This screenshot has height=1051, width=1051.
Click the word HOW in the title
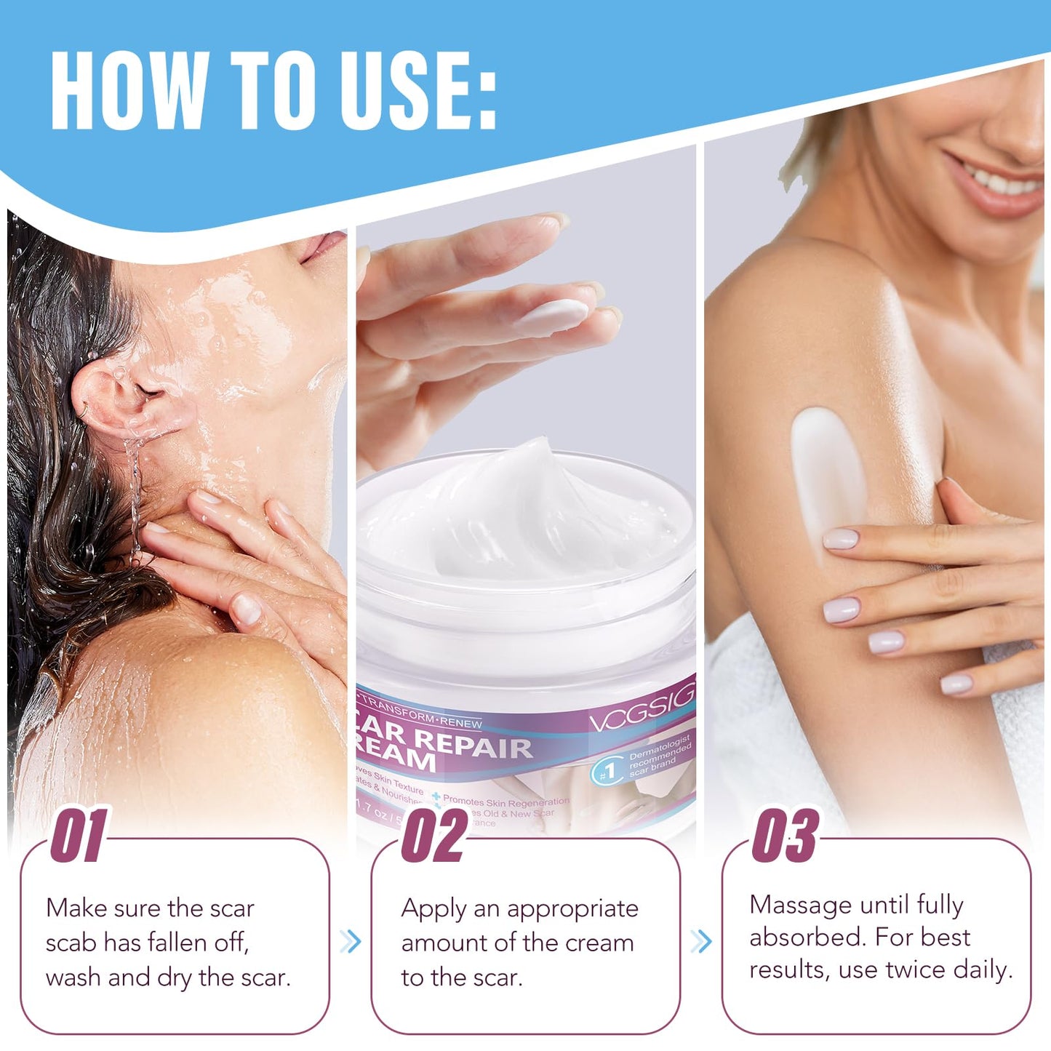[x=129, y=92]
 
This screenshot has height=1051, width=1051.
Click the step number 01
[x=78, y=836]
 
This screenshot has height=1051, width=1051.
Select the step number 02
[x=434, y=836]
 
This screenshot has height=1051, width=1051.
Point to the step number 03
[x=785, y=836]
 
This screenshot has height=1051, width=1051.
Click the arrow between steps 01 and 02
[x=350, y=941]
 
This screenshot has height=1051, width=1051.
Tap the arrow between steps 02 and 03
[x=700, y=941]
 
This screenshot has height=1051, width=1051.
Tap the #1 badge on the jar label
[x=607, y=771]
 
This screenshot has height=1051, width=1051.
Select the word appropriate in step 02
[x=572, y=909]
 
